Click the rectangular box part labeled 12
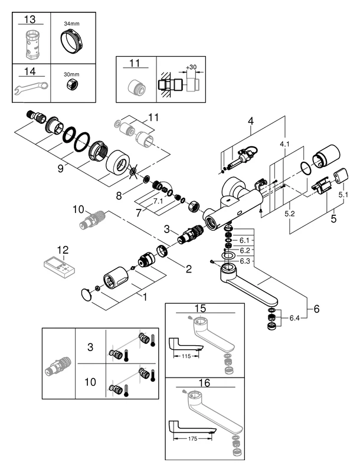pyautogui.click(x=60, y=265)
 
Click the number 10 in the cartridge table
pyautogui.click(x=90, y=382)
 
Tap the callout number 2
pyautogui.click(x=188, y=269)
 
